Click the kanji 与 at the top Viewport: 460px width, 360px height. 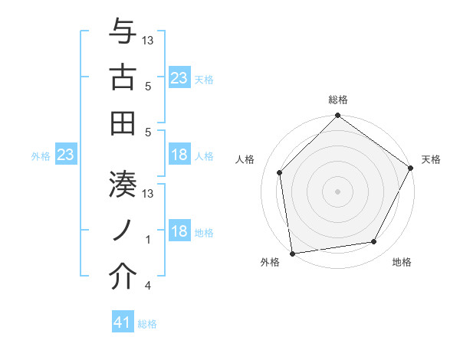(123, 33)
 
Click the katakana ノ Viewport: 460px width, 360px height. (123, 230)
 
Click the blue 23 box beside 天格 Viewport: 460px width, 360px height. (179, 77)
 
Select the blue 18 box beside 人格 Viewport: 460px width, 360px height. (179, 155)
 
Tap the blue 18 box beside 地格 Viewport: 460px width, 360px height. (179, 231)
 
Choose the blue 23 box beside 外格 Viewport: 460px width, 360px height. (66, 155)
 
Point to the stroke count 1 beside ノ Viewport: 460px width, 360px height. (148, 240)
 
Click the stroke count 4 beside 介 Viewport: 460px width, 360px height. (147, 286)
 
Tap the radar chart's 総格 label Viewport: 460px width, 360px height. (338, 100)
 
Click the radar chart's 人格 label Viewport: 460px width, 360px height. (245, 159)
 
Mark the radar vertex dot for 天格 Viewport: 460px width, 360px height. (411, 169)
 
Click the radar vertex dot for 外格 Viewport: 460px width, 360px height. (292, 253)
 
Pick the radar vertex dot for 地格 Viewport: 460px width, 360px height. (374, 242)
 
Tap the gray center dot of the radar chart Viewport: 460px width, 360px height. (337, 191)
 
